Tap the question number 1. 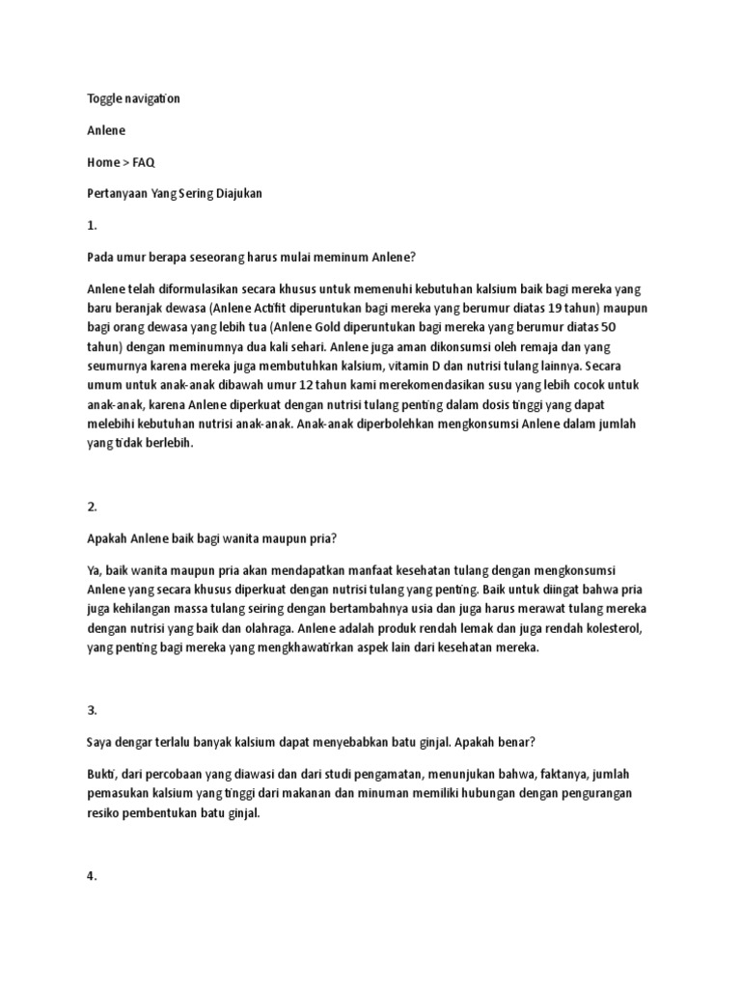(x=92, y=225)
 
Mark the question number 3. (x=92, y=709)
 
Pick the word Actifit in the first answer (x=302, y=307)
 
